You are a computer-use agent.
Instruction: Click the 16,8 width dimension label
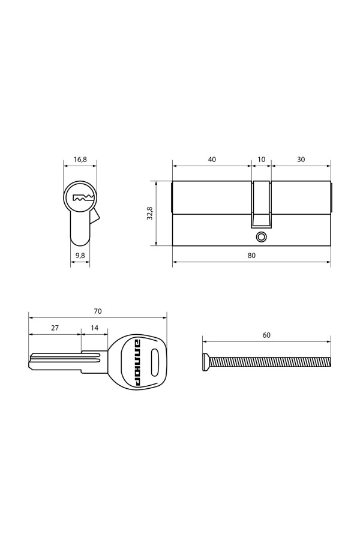(80, 160)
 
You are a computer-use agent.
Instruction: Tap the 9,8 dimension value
(80, 256)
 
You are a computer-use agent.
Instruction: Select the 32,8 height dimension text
(149, 213)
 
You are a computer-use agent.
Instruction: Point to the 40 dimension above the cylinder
(212, 160)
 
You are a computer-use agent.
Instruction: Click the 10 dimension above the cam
(262, 160)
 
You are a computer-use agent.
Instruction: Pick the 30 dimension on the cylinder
(301, 160)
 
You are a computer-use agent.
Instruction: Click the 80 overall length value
(251, 256)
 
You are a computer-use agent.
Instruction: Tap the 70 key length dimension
(98, 311)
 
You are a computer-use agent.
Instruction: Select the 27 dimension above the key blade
(55, 328)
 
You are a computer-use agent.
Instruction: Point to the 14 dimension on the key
(94, 328)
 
